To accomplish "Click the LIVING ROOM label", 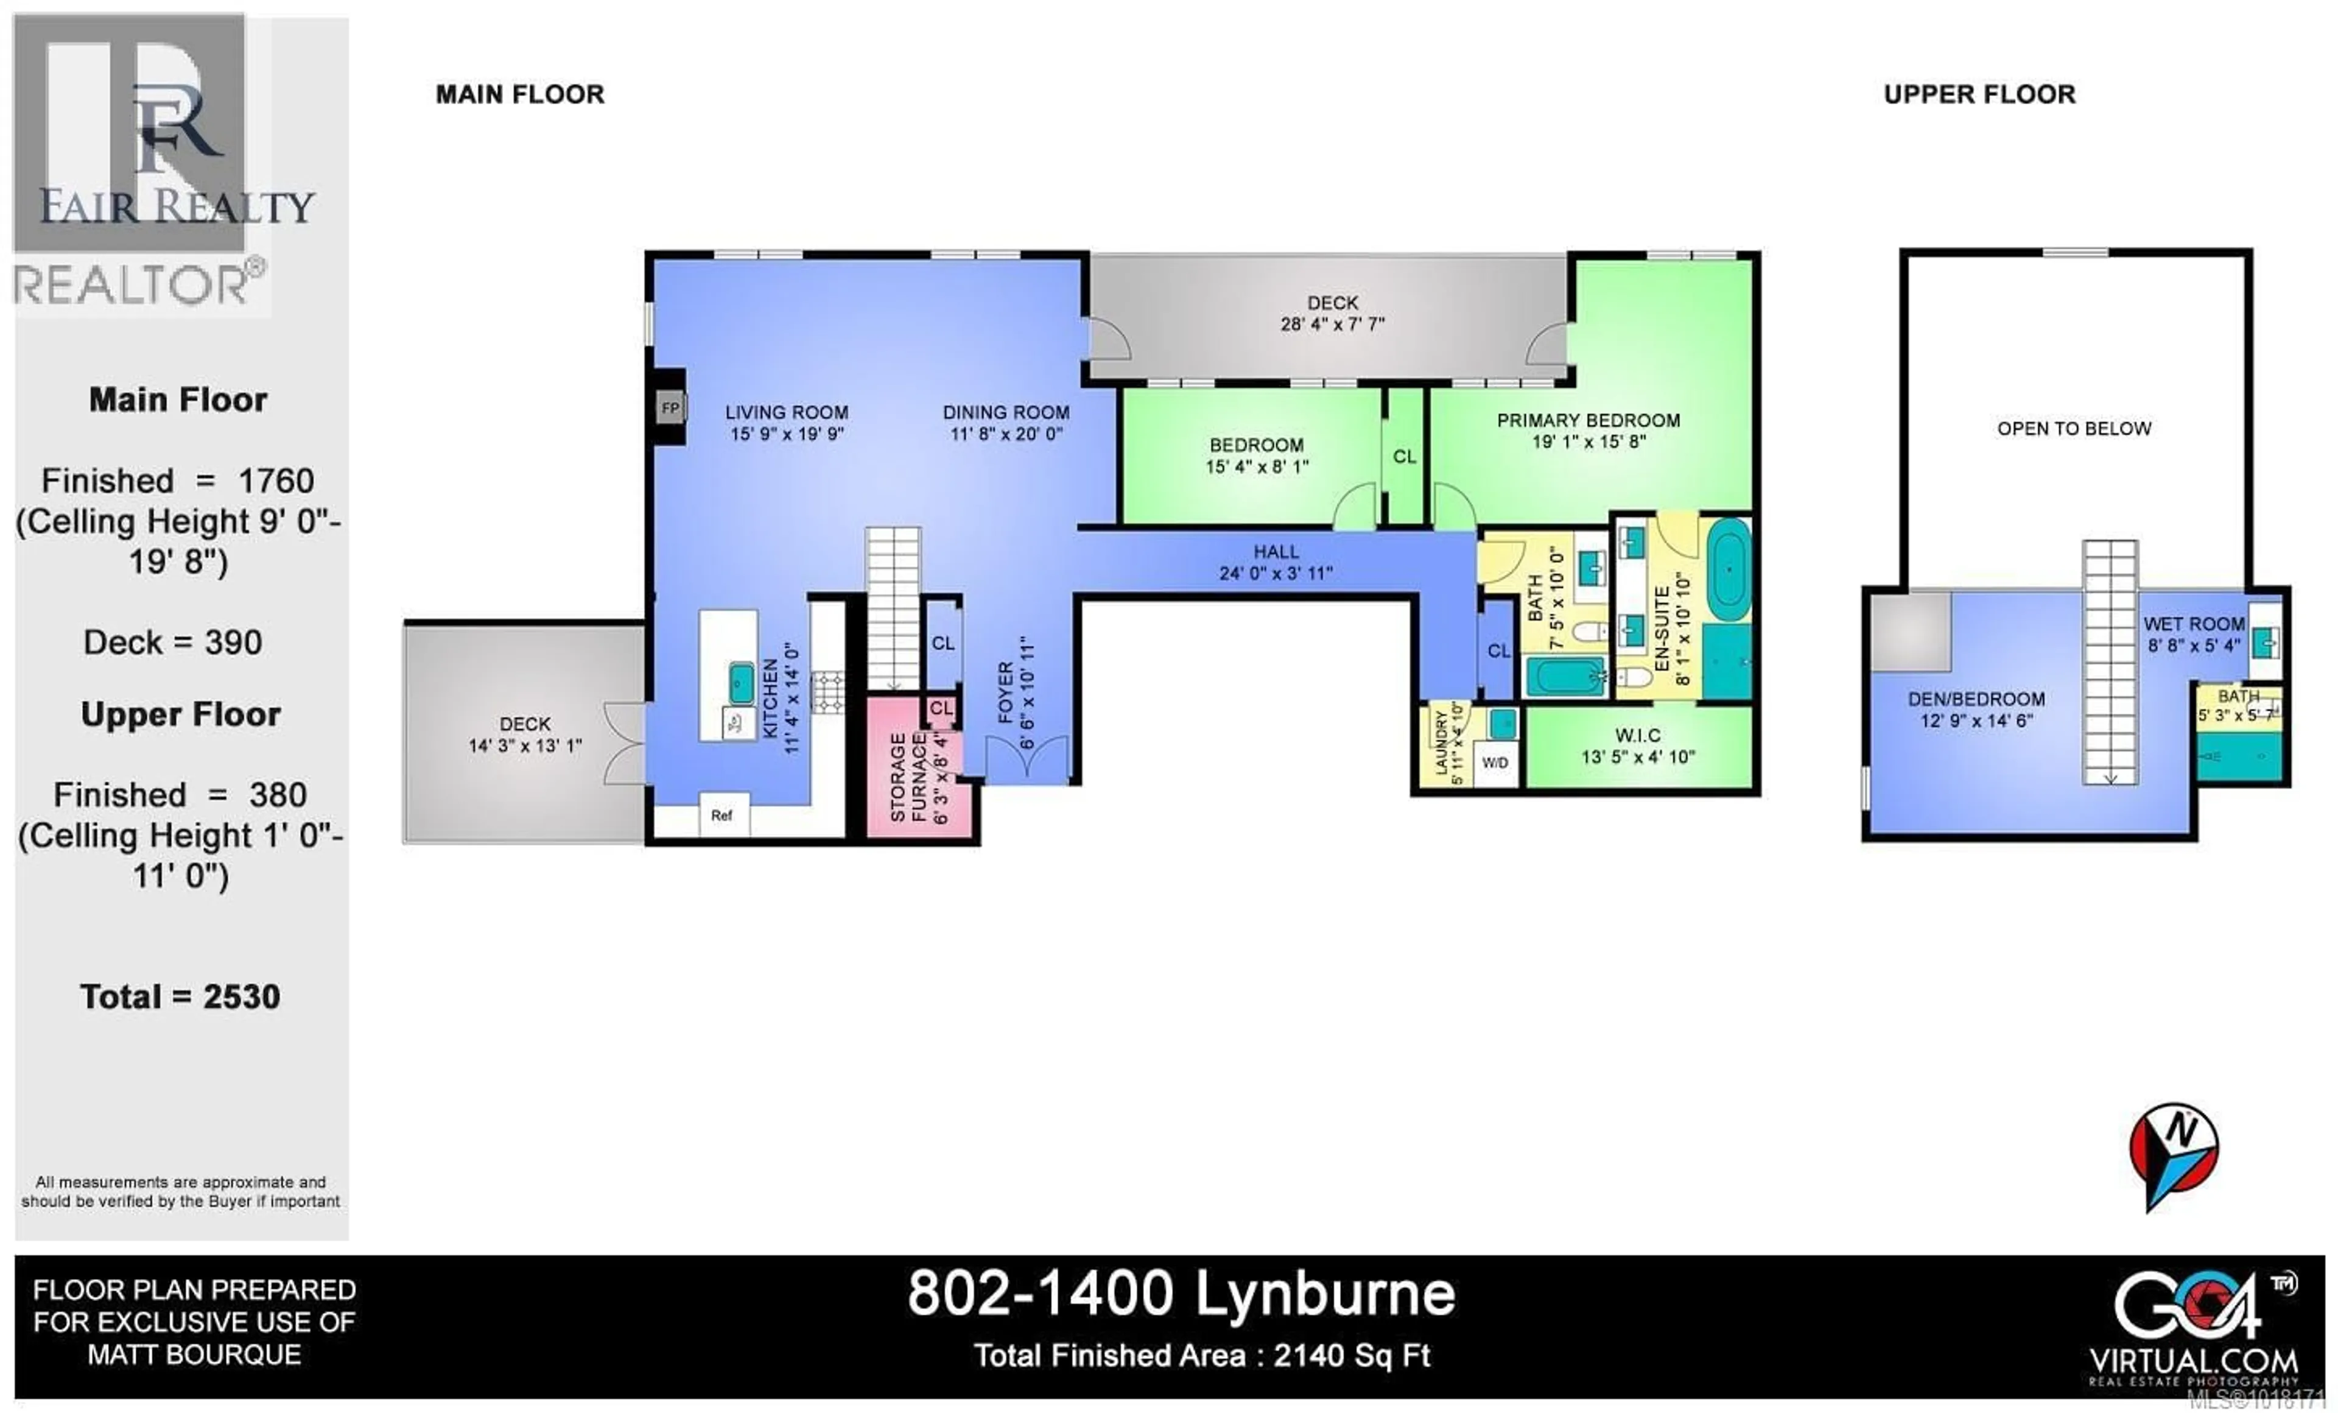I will (x=787, y=413).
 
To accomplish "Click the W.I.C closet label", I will (x=1638, y=736).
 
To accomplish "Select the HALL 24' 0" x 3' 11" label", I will (x=1276, y=562).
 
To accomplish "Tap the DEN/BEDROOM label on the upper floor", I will (x=1976, y=699).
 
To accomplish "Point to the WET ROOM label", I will (x=2194, y=624).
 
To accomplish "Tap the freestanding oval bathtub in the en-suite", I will (x=1729, y=569).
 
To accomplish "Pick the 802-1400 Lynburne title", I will (x=1181, y=1294).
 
